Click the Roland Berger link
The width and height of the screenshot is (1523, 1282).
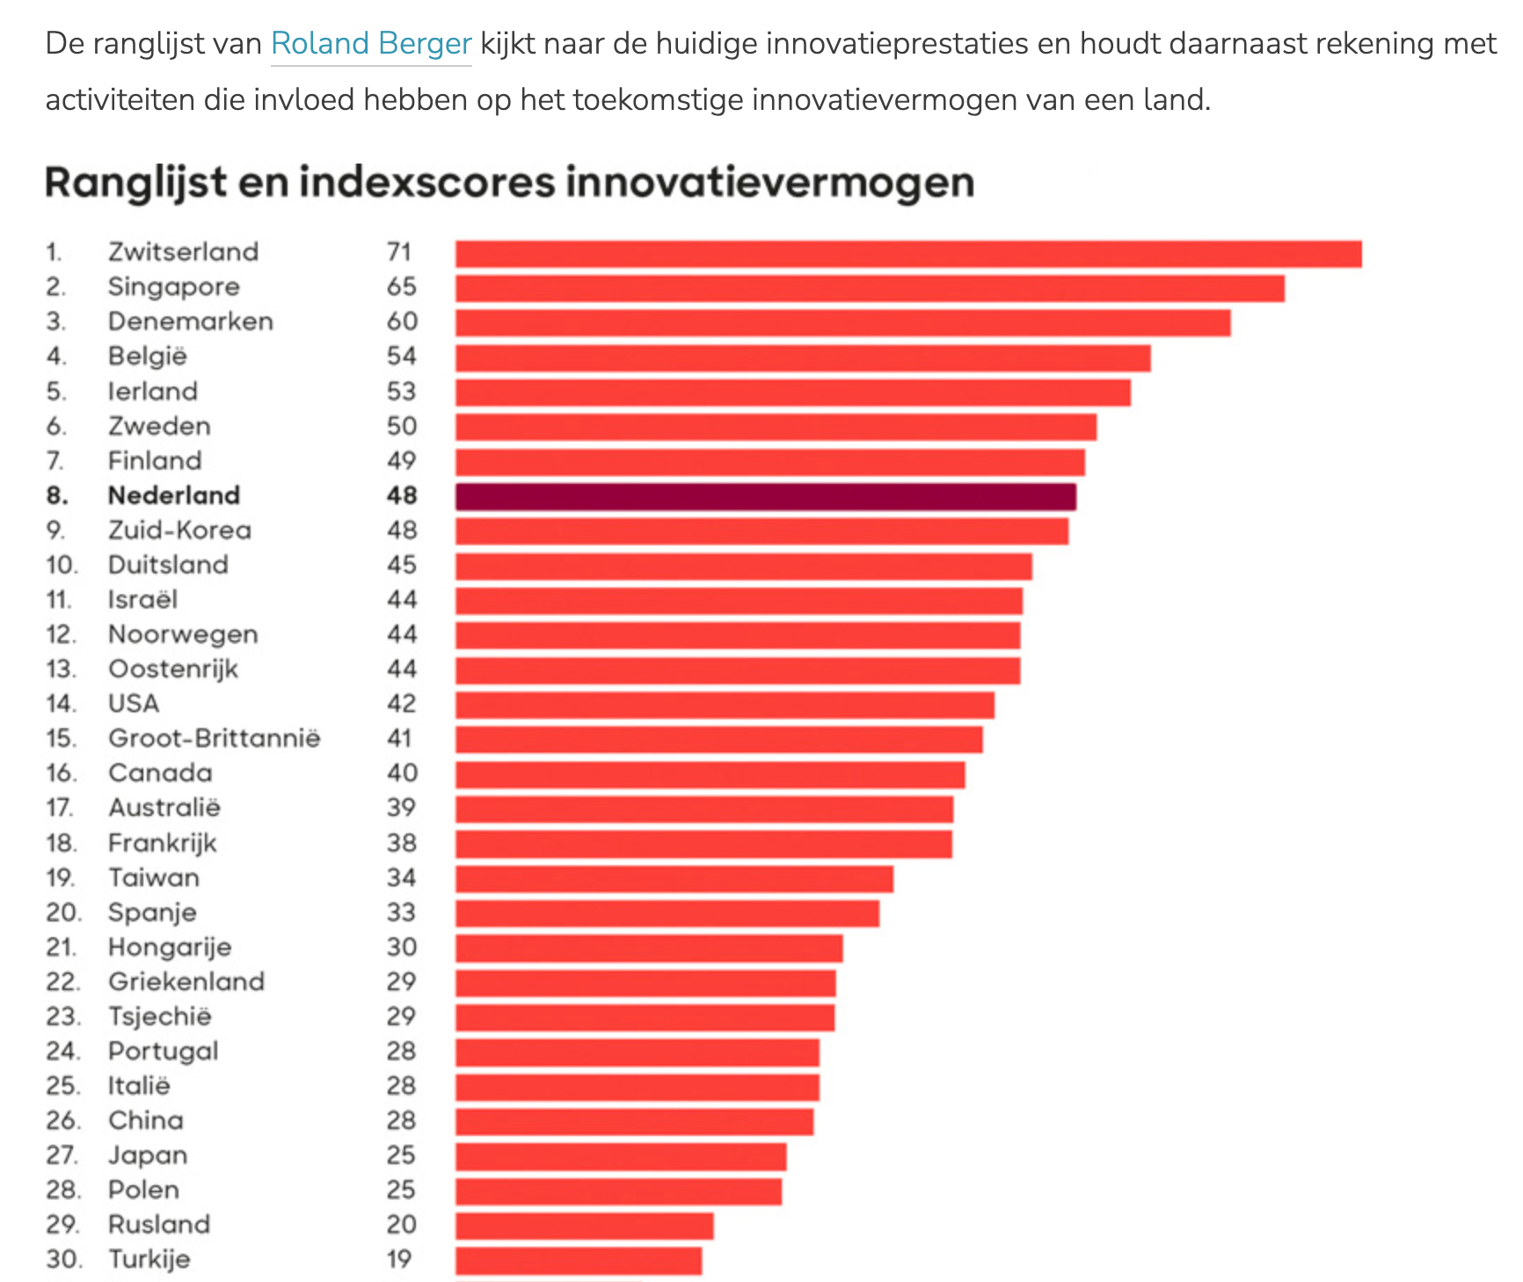click(x=371, y=44)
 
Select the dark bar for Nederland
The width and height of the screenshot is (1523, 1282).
click(x=765, y=497)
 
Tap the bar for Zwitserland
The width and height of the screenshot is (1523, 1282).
click(x=907, y=254)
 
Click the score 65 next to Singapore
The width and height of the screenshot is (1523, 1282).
click(x=402, y=287)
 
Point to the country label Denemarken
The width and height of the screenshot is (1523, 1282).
click(x=191, y=322)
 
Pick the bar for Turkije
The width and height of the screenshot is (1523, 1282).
click(x=579, y=1260)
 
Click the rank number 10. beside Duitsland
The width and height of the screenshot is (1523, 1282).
click(x=62, y=565)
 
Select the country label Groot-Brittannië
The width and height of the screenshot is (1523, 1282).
click(x=215, y=739)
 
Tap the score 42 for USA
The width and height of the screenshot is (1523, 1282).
click(x=402, y=704)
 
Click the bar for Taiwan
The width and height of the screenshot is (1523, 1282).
click(x=674, y=878)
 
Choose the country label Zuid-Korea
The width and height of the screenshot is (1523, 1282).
click(x=180, y=530)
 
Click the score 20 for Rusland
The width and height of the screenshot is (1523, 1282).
click(x=402, y=1225)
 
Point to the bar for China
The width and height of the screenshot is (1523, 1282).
click(x=634, y=1121)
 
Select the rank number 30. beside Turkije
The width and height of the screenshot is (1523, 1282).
click(x=64, y=1259)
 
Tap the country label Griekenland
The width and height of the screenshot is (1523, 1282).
click(x=186, y=982)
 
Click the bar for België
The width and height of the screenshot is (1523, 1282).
click(x=802, y=358)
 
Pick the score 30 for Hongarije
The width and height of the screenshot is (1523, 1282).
click(x=402, y=947)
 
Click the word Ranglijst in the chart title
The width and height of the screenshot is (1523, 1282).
click(x=136, y=183)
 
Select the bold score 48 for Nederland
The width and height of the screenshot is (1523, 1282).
click(x=402, y=496)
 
